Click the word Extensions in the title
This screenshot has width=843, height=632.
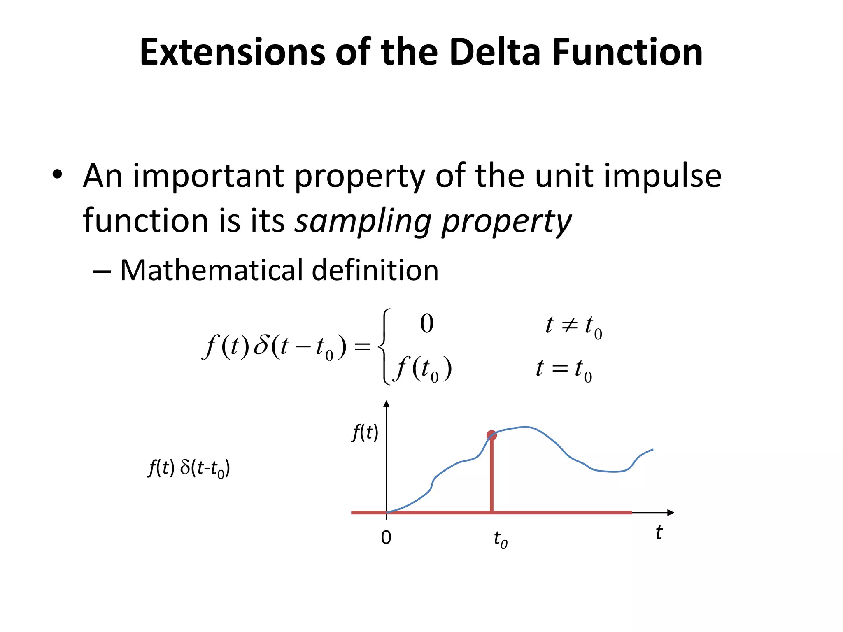click(x=232, y=52)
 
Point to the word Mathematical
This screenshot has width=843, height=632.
click(x=211, y=270)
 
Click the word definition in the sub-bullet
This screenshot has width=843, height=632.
click(x=375, y=270)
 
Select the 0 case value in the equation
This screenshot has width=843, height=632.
click(x=426, y=323)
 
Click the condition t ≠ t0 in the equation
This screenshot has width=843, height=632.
click(x=573, y=326)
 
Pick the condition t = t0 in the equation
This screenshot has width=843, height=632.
click(x=563, y=369)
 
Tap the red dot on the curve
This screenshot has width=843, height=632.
click(x=491, y=435)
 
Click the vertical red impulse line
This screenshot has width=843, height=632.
click(x=492, y=477)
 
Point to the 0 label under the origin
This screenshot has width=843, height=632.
click(x=386, y=537)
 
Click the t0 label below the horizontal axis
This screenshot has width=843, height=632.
click(x=500, y=539)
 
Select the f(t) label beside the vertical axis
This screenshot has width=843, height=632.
click(x=365, y=433)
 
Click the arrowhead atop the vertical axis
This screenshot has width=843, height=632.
click(x=386, y=404)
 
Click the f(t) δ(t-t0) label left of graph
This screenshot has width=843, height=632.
click(x=189, y=468)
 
